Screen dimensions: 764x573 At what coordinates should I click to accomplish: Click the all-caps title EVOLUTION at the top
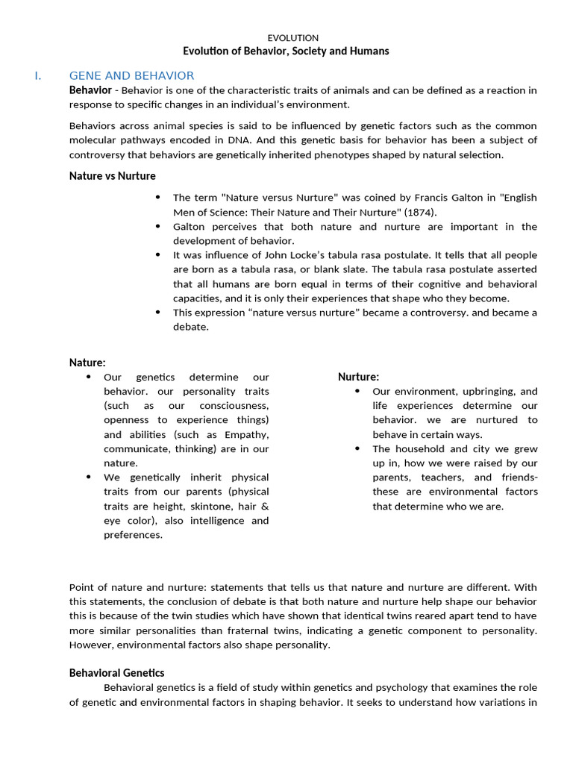pyautogui.click(x=292, y=37)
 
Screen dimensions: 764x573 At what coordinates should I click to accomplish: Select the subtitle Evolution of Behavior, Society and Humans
pyautogui.click(x=286, y=51)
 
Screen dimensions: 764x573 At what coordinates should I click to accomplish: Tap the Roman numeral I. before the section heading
pyautogui.click(x=37, y=75)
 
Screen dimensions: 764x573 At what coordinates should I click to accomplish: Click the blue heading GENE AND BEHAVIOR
pyautogui.click(x=131, y=75)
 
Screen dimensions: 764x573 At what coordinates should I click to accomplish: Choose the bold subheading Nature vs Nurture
pyautogui.click(x=113, y=176)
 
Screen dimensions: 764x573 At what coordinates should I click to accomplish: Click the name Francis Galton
pyautogui.click(x=431, y=198)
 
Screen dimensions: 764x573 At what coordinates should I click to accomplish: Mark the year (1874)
pyautogui.click(x=424, y=212)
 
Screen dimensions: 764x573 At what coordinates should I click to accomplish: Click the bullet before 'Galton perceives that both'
pyautogui.click(x=157, y=226)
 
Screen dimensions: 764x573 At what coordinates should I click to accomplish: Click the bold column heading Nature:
pyautogui.click(x=87, y=363)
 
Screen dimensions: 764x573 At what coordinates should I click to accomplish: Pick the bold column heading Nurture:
pyautogui.click(x=358, y=377)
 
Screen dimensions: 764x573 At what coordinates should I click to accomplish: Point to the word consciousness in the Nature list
pyautogui.click(x=234, y=406)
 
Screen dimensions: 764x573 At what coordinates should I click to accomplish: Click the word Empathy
pyautogui.click(x=247, y=434)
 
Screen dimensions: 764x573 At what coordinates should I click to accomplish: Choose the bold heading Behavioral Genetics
pyautogui.click(x=117, y=673)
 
